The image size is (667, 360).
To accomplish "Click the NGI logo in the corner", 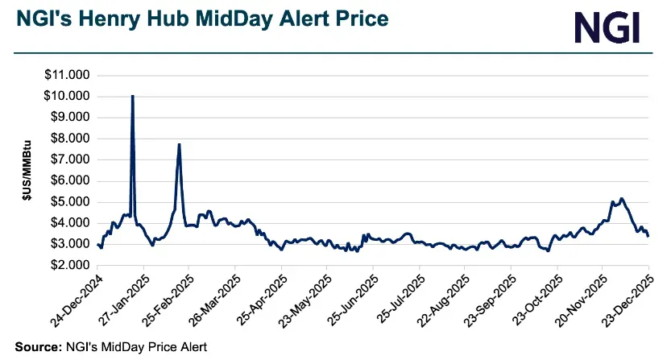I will click(607, 27).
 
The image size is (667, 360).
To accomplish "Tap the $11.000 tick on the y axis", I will click(68, 76).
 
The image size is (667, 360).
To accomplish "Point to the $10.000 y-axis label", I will click(68, 97).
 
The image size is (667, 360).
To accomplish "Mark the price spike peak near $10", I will click(132, 96).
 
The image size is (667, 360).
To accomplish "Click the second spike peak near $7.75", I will click(179, 144).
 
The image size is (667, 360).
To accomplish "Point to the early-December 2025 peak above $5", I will click(621, 198).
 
